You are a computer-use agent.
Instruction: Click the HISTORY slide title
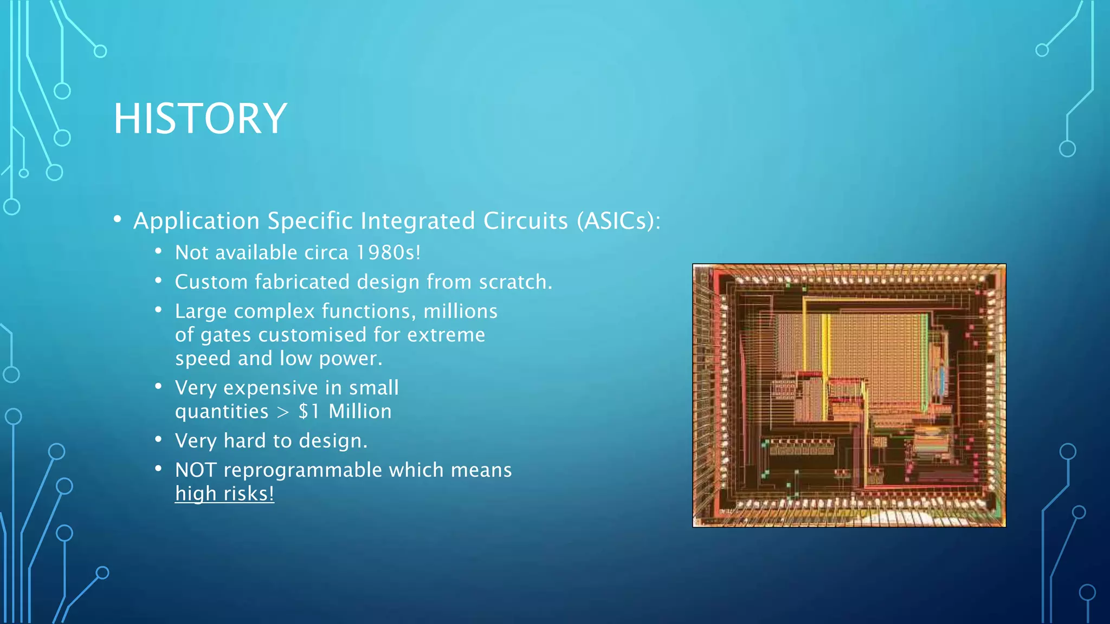tap(200, 119)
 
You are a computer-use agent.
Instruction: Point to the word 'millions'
tap(460, 311)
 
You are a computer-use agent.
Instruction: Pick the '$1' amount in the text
tap(309, 411)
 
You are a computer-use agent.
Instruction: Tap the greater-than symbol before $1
tap(283, 412)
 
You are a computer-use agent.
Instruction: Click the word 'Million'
tap(360, 411)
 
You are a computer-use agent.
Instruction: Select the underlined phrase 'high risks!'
tap(224, 493)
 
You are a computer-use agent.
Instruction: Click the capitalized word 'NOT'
tap(196, 470)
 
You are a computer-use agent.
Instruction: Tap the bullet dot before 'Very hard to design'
tap(158, 439)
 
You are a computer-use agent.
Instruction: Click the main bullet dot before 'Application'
tap(118, 219)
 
